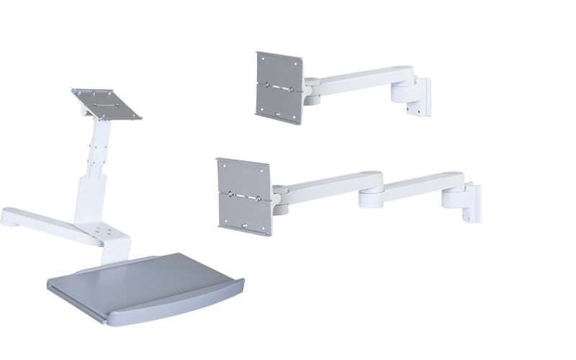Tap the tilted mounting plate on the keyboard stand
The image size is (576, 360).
tap(107, 103)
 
